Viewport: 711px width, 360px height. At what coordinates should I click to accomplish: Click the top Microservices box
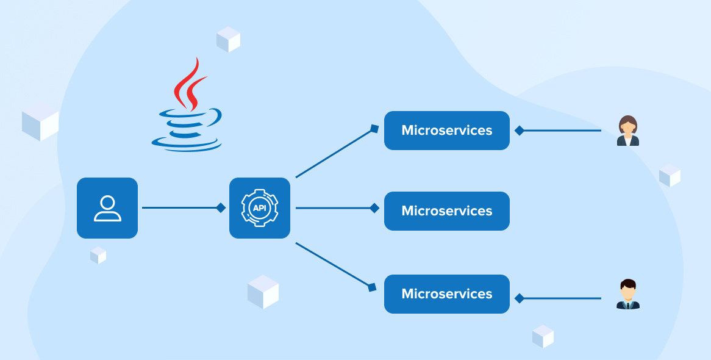tap(446, 131)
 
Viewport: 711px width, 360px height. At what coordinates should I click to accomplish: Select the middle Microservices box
tap(446, 211)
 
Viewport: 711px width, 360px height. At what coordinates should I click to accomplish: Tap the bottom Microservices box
tap(446, 294)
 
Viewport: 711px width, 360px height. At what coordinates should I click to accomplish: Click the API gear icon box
tap(260, 208)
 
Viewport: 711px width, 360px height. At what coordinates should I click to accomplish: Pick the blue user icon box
tap(107, 208)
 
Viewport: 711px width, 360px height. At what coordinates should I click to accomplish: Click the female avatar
tap(627, 131)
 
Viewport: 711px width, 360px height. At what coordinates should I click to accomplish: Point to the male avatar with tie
tap(627, 295)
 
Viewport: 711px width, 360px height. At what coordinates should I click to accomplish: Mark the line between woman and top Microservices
tap(561, 131)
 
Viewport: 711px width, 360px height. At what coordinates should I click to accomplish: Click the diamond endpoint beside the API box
tap(221, 208)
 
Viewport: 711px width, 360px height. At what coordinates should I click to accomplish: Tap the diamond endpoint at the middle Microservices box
tap(374, 208)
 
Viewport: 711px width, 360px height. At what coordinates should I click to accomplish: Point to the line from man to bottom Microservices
tap(561, 298)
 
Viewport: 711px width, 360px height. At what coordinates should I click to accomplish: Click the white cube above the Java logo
tap(228, 39)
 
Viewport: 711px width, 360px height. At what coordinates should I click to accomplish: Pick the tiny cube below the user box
tap(98, 255)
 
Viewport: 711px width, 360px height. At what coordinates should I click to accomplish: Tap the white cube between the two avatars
tap(670, 175)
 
